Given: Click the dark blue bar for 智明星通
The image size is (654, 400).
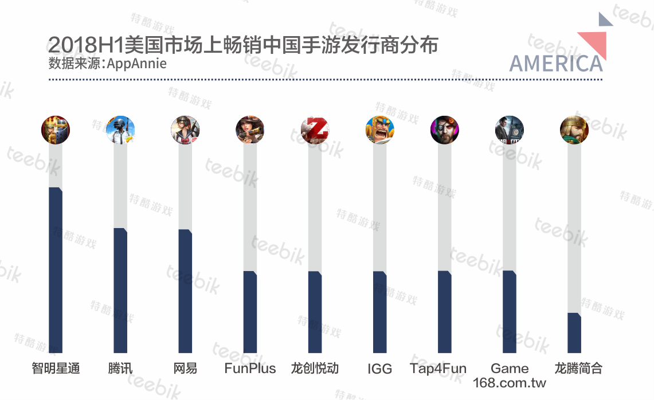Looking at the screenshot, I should point(56,270).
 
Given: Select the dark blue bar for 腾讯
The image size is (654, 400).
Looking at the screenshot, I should point(120,291).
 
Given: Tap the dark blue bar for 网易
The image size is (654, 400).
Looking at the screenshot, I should point(185,291).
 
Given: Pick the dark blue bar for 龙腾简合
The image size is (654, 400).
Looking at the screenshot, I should point(574,333).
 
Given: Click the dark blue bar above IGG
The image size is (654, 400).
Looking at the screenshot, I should point(379,312).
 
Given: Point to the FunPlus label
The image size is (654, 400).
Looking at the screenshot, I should point(250,368).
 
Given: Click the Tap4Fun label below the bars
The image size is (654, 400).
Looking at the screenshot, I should point(438,368).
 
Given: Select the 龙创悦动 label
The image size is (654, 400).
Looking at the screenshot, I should point(315,368).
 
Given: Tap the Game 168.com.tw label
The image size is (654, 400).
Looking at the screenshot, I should point(510,375).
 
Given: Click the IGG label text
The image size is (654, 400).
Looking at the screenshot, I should point(379,369).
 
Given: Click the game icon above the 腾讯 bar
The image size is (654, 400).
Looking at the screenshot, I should point(120,130).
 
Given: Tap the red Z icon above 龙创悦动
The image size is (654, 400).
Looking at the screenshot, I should point(315,130).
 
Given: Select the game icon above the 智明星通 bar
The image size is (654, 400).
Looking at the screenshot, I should point(56,130).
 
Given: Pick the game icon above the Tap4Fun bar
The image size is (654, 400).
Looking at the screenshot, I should point(444,130).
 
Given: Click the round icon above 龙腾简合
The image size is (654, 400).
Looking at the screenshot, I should point(574,130).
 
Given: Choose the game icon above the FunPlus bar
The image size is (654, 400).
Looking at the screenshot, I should point(250,130).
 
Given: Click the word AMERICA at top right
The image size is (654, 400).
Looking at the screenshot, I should point(555,64).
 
